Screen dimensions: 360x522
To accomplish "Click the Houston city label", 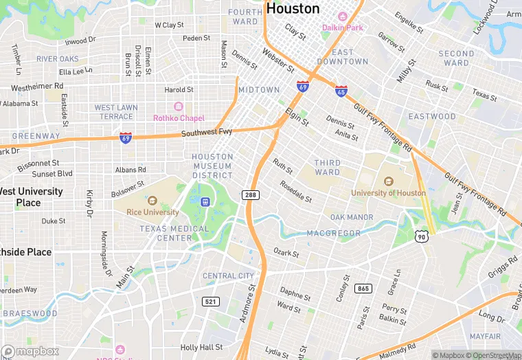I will click(293, 9).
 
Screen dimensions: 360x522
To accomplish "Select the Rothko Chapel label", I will click(179, 118).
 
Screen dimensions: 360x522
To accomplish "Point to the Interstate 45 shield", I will click(341, 91).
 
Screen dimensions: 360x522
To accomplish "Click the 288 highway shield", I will click(251, 196).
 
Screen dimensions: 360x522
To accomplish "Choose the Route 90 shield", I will click(422, 236).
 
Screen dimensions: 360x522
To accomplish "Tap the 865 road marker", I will click(363, 289).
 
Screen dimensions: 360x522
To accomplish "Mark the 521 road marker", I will click(211, 302).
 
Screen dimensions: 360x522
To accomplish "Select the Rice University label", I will click(152, 212).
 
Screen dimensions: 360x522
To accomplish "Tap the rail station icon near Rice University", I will click(204, 202).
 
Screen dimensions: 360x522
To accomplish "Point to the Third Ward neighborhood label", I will click(327, 168).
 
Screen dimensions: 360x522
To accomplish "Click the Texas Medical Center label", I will click(166, 234).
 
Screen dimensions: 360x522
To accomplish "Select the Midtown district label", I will click(259, 90).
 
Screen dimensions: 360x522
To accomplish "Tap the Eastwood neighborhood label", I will click(431, 117).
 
